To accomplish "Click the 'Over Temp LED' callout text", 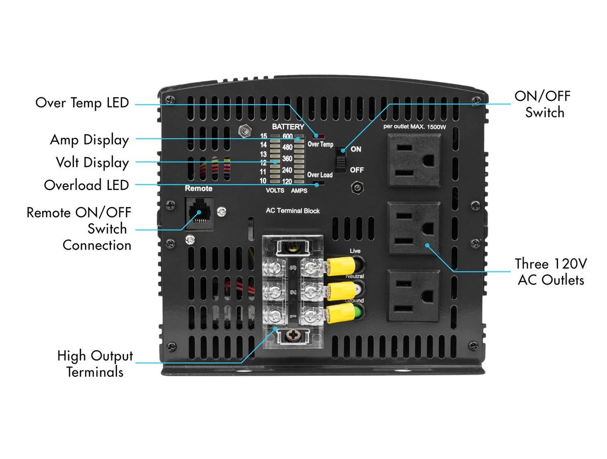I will (82, 103).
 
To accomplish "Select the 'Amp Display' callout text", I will (89, 139).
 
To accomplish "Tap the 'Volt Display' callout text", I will (92, 163).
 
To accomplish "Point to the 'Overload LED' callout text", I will (86, 185).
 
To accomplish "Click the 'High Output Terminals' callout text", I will (95, 363).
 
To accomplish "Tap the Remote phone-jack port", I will (199, 213).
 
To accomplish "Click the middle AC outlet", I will (413, 228).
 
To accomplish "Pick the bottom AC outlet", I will (413, 295).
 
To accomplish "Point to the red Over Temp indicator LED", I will (320, 136).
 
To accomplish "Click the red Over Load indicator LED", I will (318, 183).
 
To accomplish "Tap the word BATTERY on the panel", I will (288, 127).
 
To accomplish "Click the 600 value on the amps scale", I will (288, 136).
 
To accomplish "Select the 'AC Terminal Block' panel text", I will (293, 211).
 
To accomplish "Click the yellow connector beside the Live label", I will (338, 263).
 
